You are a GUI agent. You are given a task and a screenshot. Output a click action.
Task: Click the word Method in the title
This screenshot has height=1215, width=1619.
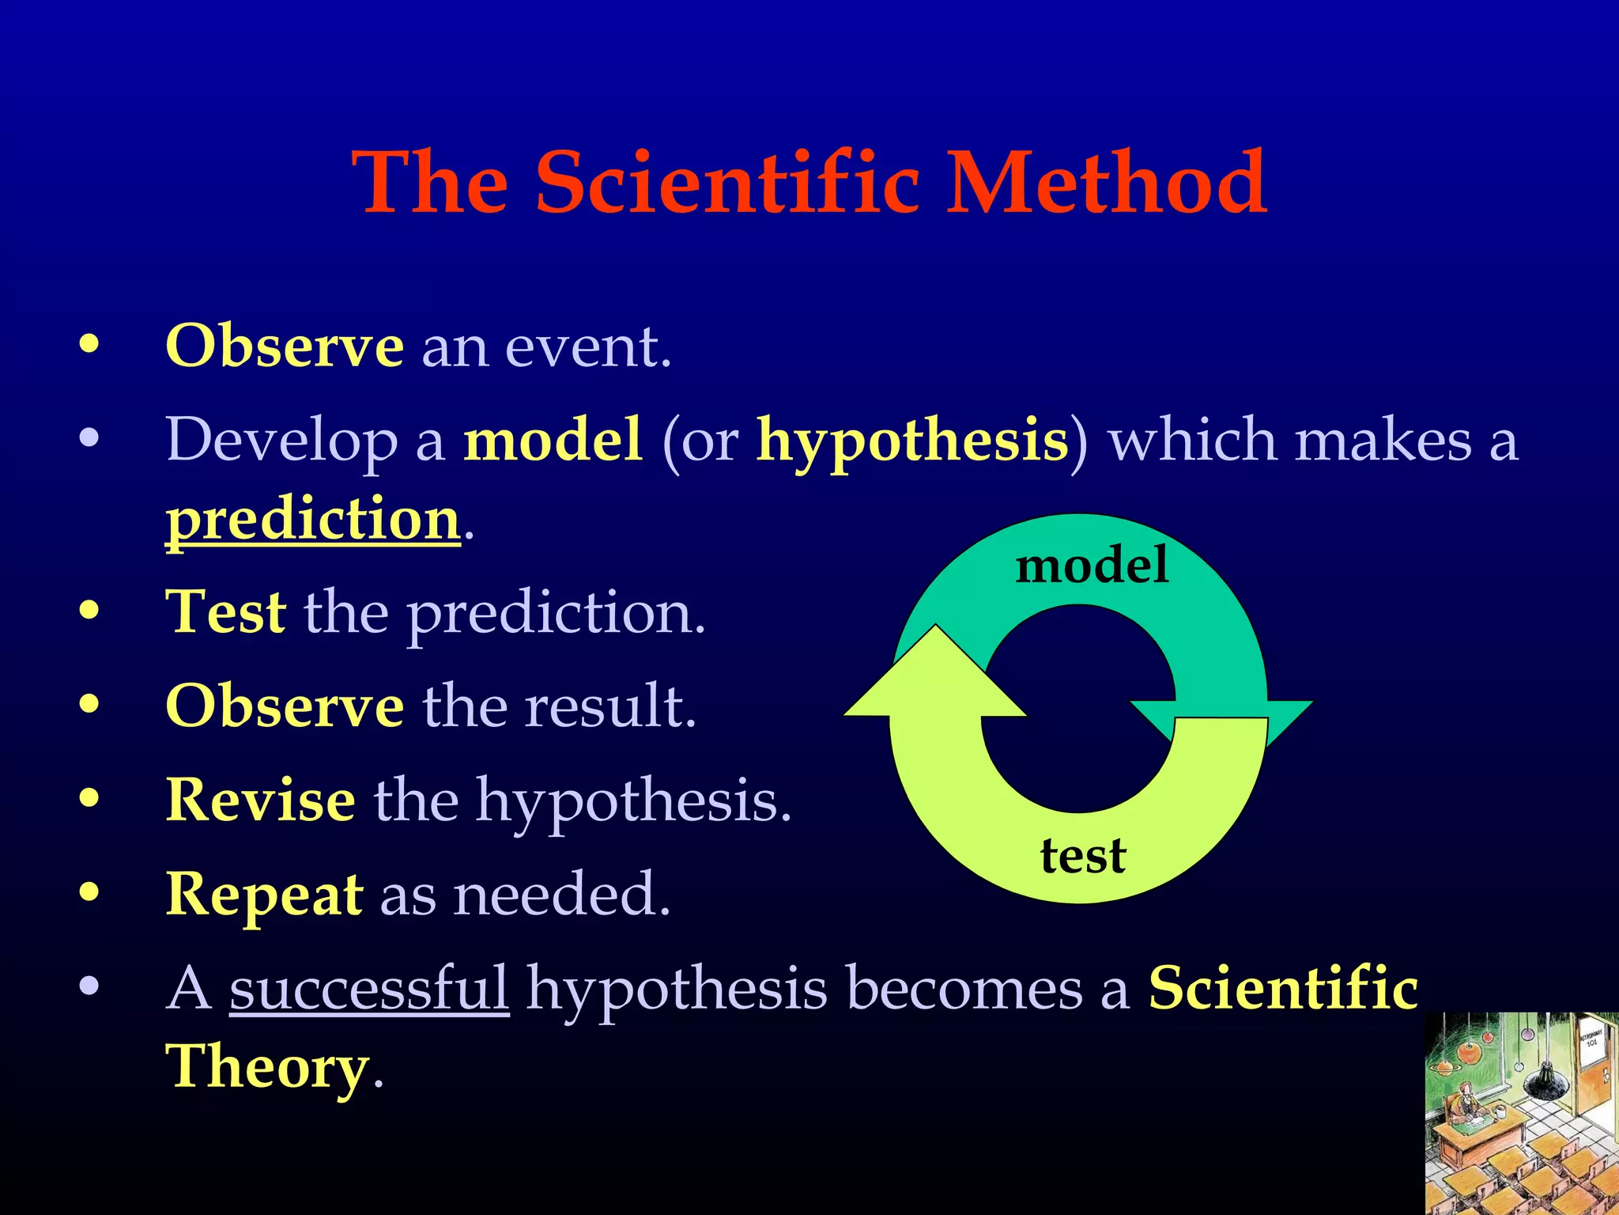pos(1106,184)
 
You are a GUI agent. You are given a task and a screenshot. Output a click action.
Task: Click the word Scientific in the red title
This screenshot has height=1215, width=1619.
pos(727,184)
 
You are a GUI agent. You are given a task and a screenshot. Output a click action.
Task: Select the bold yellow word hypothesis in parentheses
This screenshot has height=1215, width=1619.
pos(912,441)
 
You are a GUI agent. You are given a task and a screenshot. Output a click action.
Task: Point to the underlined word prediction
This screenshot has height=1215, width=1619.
pos(313,520)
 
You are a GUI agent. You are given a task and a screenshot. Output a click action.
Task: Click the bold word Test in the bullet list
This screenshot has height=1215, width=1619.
pos(226,612)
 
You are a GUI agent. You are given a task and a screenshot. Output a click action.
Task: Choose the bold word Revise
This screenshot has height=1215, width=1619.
pos(260,800)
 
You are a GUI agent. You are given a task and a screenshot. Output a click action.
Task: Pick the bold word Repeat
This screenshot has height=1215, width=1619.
pos(264,894)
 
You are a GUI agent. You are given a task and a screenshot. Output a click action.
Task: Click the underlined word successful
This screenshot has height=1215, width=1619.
pos(369,988)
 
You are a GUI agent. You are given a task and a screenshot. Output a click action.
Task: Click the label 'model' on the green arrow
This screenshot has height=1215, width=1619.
pos(1092,566)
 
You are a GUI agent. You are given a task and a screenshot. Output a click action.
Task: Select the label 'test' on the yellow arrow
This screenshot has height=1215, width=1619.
pos(1083,856)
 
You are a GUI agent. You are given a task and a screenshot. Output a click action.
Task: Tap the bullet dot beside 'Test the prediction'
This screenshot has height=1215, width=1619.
pos(89,610)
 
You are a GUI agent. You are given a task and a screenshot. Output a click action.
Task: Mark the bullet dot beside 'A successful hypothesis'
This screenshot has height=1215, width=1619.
pos(89,986)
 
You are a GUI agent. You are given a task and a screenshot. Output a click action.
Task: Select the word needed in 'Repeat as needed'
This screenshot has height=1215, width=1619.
pos(562,894)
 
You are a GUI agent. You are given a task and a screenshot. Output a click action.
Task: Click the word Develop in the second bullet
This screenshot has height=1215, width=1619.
pos(281,440)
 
